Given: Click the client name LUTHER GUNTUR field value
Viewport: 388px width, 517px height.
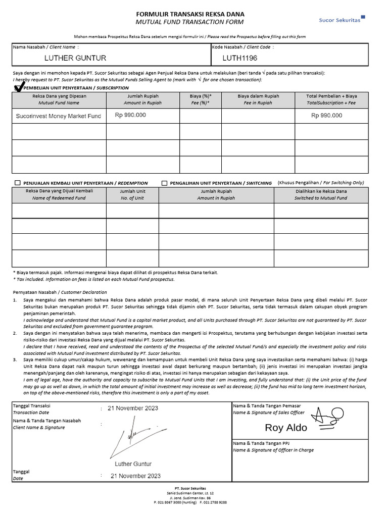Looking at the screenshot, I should (x=75, y=58).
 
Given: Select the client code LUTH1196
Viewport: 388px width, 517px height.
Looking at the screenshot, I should (x=239, y=58).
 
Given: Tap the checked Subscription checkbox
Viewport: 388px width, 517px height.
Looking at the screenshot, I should (x=19, y=88).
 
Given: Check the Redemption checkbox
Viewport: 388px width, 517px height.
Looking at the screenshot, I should (x=18, y=183).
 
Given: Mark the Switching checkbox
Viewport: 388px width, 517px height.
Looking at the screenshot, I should (x=164, y=183).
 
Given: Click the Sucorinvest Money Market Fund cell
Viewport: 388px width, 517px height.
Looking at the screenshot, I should (x=59, y=116).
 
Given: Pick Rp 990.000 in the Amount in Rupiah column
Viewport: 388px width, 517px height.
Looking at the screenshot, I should (x=130, y=115).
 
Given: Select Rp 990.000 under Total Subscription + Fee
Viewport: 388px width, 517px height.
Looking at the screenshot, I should (x=326, y=116).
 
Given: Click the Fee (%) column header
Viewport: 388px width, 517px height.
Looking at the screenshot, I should (x=201, y=99).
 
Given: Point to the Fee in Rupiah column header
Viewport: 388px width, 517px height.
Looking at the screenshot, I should (x=258, y=99).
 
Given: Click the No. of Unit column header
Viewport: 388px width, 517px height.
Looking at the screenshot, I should (x=132, y=195).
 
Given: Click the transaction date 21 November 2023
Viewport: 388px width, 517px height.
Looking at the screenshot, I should (x=135, y=408).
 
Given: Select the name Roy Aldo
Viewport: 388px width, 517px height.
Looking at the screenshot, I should (x=286, y=428).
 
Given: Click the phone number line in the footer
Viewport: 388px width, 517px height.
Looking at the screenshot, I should (x=190, y=503).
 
